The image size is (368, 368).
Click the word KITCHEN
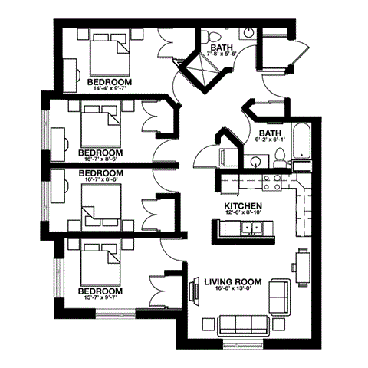click(x=243, y=206)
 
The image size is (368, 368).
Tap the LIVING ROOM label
click(x=233, y=282)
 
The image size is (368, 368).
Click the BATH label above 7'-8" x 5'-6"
click(x=222, y=48)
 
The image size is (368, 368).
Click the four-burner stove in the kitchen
click(x=271, y=182)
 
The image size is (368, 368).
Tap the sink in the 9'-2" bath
click(x=256, y=162)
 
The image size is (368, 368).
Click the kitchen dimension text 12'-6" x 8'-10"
click(x=244, y=215)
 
